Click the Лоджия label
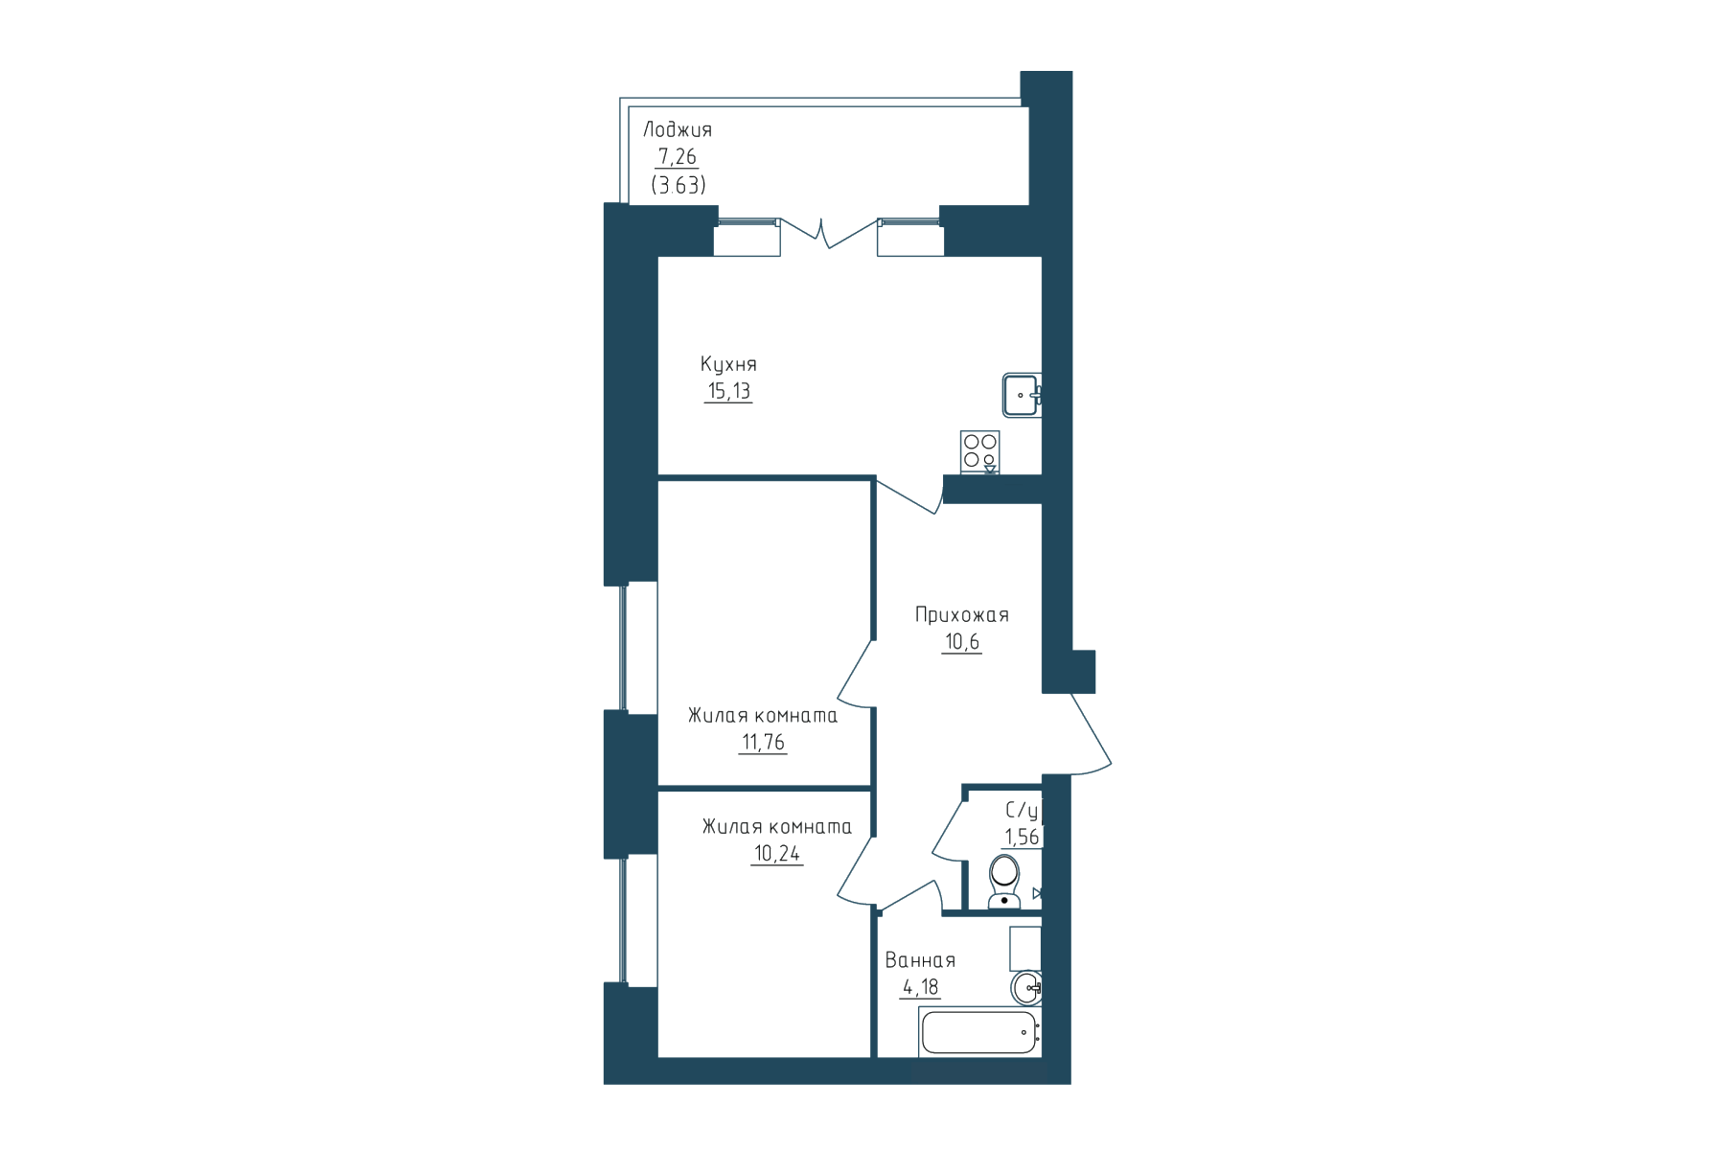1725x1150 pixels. tap(678, 130)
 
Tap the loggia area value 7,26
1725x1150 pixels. tap(677, 157)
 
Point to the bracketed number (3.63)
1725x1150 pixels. tap(678, 186)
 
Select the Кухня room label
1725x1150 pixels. tap(728, 364)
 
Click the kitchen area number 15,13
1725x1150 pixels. tap(728, 391)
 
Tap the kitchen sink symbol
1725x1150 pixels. tap(1023, 395)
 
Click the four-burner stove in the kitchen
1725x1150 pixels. tap(980, 452)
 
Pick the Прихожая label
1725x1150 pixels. tap(961, 615)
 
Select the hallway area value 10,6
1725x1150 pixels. tap(961, 642)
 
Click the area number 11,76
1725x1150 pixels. tap(763, 743)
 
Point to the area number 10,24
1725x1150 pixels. tap(777, 854)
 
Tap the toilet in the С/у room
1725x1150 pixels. tap(1003, 882)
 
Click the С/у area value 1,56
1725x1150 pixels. tap(1022, 838)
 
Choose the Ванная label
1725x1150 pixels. tap(920, 960)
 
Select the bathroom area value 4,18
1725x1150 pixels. tap(920, 987)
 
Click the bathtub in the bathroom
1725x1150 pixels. tap(979, 1032)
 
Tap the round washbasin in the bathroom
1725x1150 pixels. tap(1026, 987)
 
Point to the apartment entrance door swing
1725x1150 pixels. tap(1091, 733)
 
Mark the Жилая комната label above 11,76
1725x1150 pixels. tap(763, 716)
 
